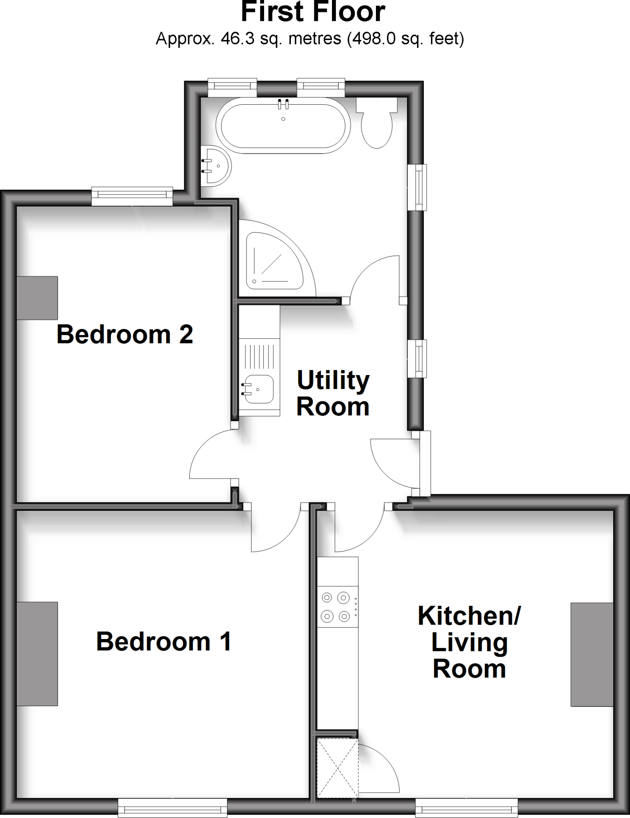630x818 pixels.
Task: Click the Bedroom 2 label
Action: click(x=125, y=334)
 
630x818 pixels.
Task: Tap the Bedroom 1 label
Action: click(x=164, y=641)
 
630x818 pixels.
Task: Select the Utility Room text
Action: click(x=333, y=393)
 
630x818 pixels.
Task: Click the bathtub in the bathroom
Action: click(x=283, y=125)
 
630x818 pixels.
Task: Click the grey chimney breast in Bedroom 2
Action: click(x=37, y=298)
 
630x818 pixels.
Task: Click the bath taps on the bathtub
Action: click(x=283, y=104)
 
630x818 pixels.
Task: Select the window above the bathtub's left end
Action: click(x=232, y=88)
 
